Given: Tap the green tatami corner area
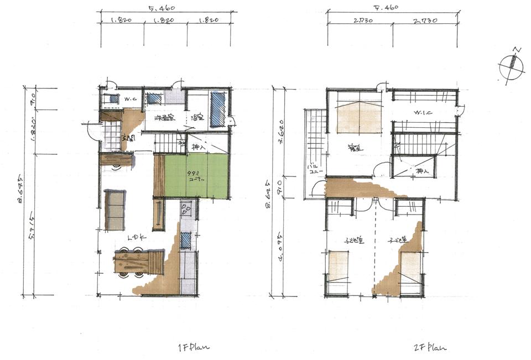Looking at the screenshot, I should click(x=197, y=176).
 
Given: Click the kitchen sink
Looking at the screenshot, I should click(x=186, y=240).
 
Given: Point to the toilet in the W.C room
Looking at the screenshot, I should click(x=113, y=99).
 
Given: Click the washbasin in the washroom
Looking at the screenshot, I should click(x=154, y=99).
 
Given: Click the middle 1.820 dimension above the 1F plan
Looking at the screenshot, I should click(x=165, y=21).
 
